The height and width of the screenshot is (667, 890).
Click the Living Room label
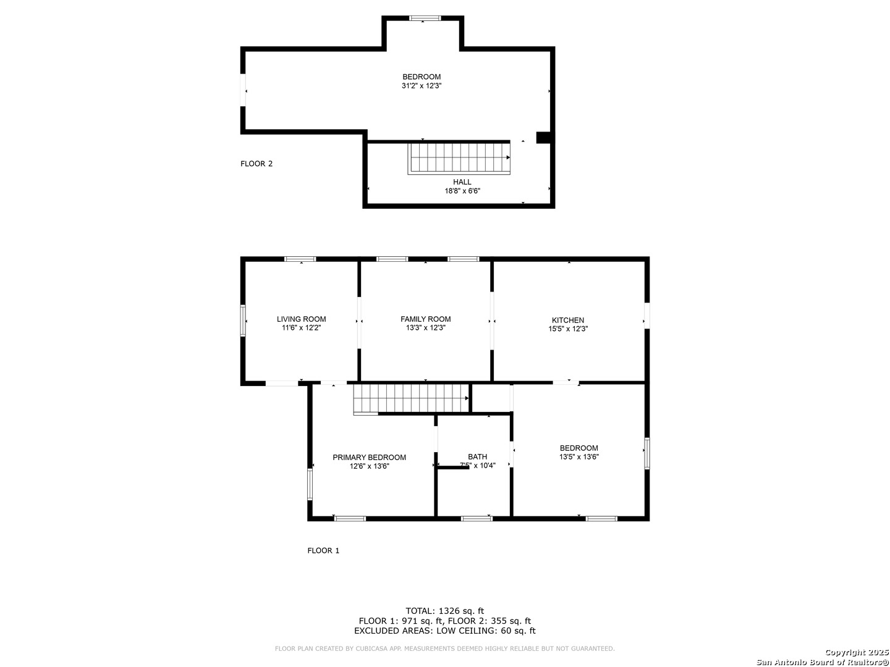click(x=301, y=319)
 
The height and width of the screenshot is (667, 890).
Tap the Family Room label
click(x=425, y=319)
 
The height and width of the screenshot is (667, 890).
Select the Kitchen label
click(x=567, y=320)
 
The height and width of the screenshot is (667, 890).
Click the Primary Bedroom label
click(x=369, y=458)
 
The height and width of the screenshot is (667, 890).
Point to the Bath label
click(x=477, y=457)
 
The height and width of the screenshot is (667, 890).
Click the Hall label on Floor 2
click(x=462, y=182)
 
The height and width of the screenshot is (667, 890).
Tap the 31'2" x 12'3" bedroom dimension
click(x=421, y=86)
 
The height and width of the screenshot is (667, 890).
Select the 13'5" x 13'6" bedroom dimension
click(x=578, y=457)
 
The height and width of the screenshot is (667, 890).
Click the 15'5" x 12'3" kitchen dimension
click(x=567, y=329)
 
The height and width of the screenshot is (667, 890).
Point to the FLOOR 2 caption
click(x=256, y=164)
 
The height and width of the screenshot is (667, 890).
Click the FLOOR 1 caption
click(x=323, y=550)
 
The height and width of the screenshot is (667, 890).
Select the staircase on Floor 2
click(x=459, y=159)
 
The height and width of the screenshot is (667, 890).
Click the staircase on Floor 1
click(x=411, y=398)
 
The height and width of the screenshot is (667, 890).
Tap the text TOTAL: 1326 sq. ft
click(x=444, y=611)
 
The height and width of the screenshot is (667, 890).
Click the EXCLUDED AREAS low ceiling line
click(x=444, y=631)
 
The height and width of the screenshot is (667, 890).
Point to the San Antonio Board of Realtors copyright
click(x=822, y=661)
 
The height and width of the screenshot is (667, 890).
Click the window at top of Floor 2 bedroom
click(x=425, y=19)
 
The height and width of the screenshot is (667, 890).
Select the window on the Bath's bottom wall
click(x=477, y=518)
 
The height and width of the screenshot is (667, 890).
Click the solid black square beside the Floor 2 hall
click(x=543, y=138)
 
